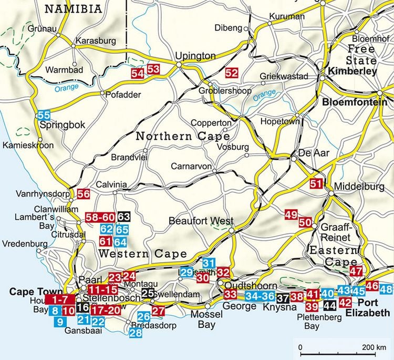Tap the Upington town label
(195, 56)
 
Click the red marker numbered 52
(231, 73)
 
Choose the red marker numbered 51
(315, 184)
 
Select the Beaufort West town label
(201, 221)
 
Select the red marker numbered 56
(83, 193)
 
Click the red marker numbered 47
(356, 271)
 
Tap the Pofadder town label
(120, 95)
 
